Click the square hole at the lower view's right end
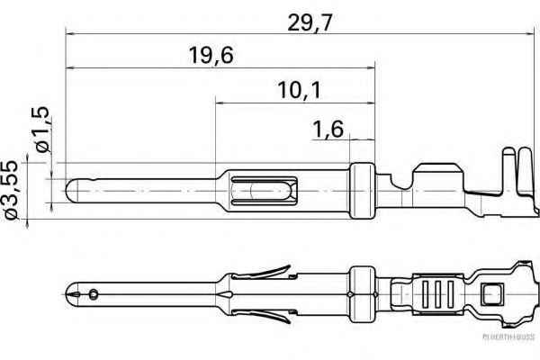click(x=491, y=293)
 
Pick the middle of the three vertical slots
click(x=438, y=293)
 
